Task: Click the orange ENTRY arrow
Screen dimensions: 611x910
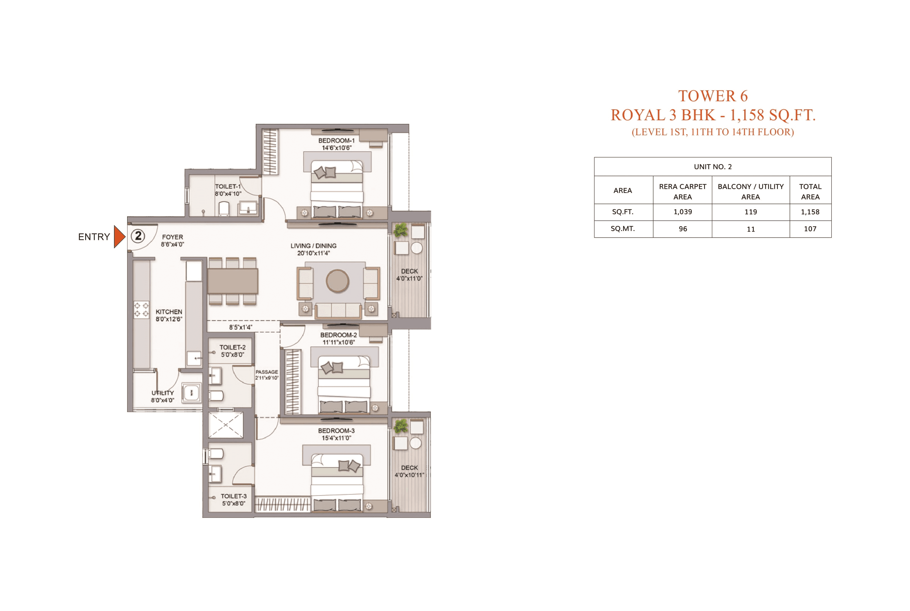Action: point(119,237)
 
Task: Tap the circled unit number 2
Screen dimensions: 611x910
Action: point(138,236)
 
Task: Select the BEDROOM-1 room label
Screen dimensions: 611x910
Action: point(336,141)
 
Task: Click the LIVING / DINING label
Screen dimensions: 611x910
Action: point(313,246)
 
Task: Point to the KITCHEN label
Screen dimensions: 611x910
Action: point(168,312)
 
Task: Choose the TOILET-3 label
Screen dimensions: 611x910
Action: point(234,496)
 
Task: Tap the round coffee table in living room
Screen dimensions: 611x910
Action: point(337,280)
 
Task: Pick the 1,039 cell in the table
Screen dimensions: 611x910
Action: point(682,212)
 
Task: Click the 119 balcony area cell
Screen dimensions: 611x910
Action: point(750,212)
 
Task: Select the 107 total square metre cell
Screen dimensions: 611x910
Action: point(810,229)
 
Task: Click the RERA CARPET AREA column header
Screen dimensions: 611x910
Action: point(682,191)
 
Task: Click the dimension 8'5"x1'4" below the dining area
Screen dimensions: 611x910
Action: point(240,327)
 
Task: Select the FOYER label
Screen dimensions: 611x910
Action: point(172,237)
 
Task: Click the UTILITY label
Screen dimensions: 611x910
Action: point(163,393)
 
